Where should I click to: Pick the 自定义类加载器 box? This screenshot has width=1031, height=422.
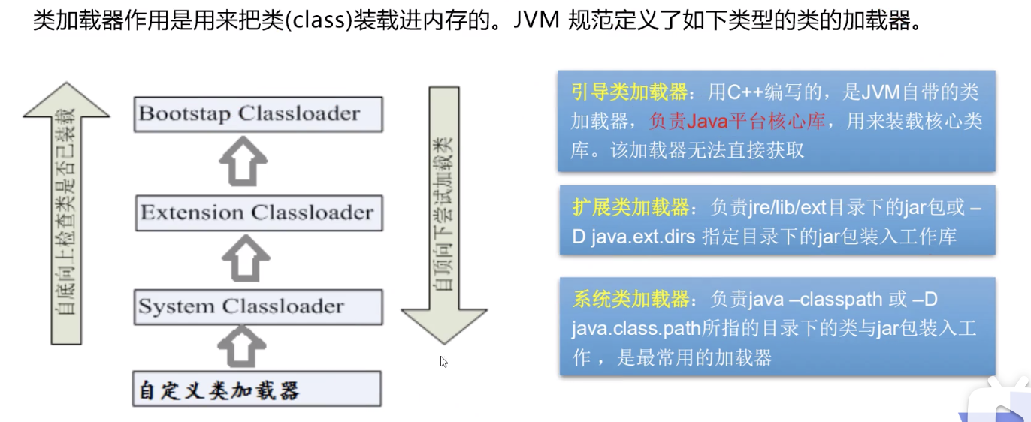[256, 390]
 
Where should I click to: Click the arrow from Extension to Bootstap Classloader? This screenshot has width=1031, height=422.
[243, 161]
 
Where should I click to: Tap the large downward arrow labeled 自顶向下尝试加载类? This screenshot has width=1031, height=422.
[444, 218]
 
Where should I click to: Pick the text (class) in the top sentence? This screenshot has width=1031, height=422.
[319, 21]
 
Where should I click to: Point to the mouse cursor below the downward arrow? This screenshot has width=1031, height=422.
[443, 361]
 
